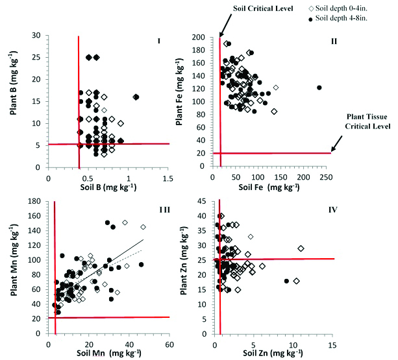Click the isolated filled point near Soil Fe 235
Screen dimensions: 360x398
319,88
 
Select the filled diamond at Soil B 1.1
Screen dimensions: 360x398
136,97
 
